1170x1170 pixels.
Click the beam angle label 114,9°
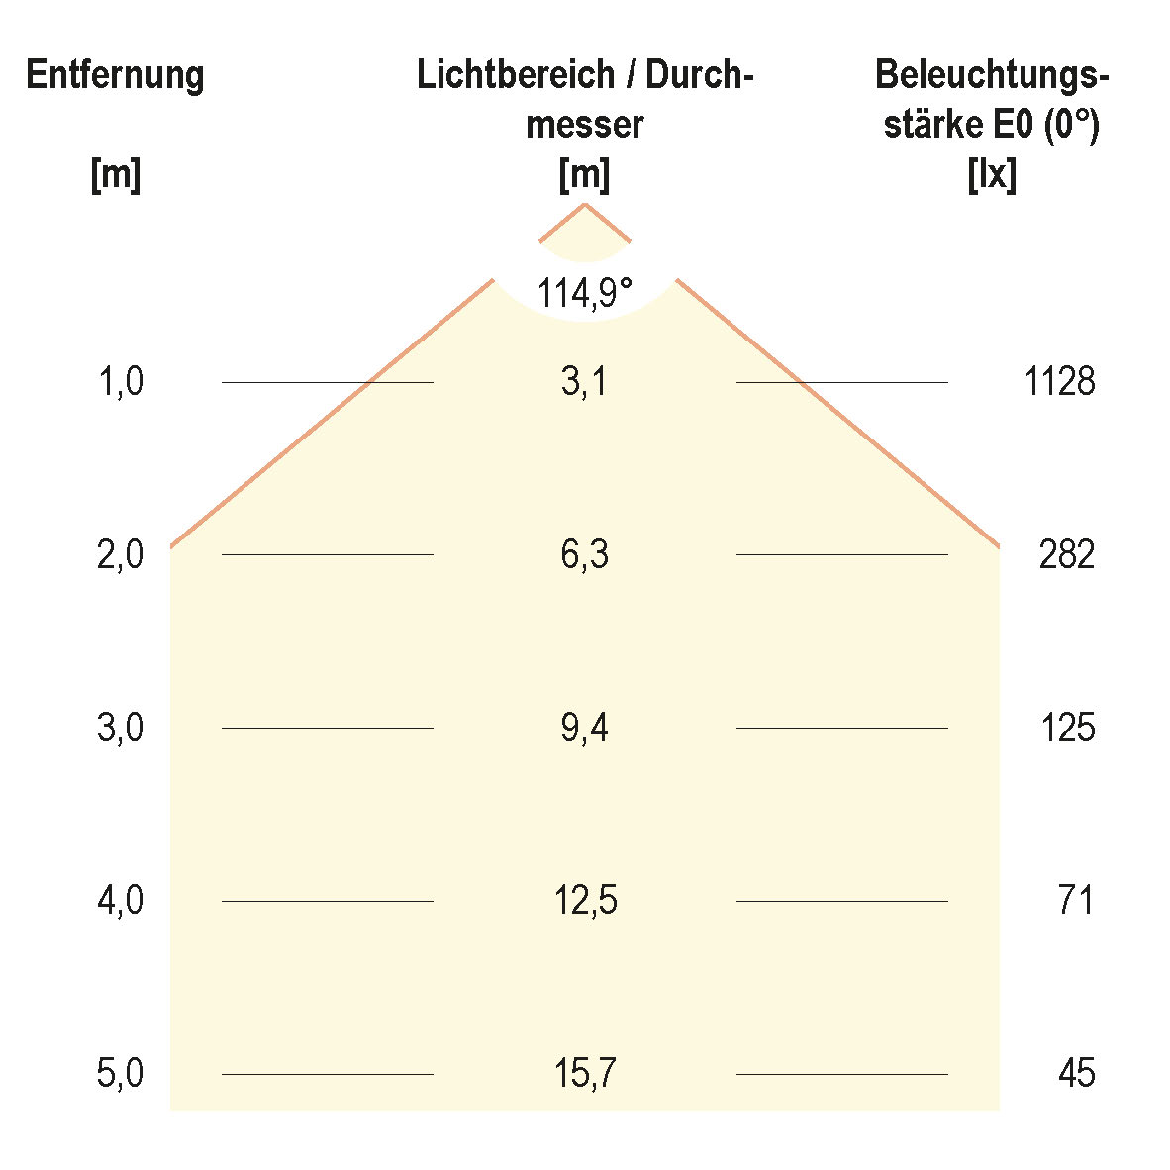click(x=584, y=293)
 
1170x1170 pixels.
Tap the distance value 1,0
click(x=121, y=381)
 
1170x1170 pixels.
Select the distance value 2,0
click(x=121, y=554)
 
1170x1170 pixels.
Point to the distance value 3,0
click(x=121, y=729)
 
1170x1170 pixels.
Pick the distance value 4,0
click(x=121, y=901)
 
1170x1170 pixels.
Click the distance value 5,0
click(x=121, y=1074)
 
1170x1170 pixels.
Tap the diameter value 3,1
click(x=584, y=381)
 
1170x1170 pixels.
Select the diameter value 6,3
click(x=584, y=554)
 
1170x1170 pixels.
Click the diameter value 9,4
click(x=584, y=729)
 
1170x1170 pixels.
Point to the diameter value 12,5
click(x=584, y=901)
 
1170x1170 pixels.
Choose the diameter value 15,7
click(x=584, y=1074)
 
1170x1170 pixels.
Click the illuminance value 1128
click(x=1060, y=381)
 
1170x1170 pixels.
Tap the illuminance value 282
click(x=1067, y=554)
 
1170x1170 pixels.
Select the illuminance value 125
click(x=1067, y=729)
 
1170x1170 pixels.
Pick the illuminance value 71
click(x=1075, y=901)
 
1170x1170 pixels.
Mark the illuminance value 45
click(x=1076, y=1074)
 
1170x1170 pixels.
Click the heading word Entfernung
click(x=115, y=75)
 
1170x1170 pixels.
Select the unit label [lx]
click(x=992, y=175)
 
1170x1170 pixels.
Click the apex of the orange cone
click(x=585, y=204)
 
